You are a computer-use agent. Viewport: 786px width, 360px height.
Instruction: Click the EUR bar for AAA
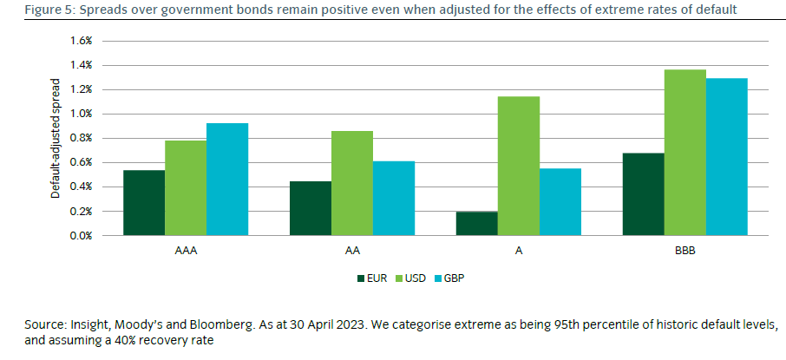click(144, 203)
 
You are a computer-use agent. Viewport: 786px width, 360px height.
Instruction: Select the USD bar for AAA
click(186, 188)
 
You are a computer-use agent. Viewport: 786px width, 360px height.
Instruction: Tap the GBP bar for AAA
click(227, 180)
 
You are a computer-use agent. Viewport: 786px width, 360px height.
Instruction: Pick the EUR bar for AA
click(310, 208)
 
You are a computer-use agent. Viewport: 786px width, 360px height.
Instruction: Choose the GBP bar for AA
click(393, 199)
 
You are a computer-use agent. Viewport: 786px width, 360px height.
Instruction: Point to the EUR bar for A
click(476, 224)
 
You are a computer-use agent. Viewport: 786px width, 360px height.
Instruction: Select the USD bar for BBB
click(684, 153)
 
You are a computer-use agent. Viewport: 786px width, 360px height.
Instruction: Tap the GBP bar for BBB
click(726, 157)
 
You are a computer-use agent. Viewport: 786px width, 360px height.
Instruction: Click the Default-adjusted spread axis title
click(56, 139)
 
